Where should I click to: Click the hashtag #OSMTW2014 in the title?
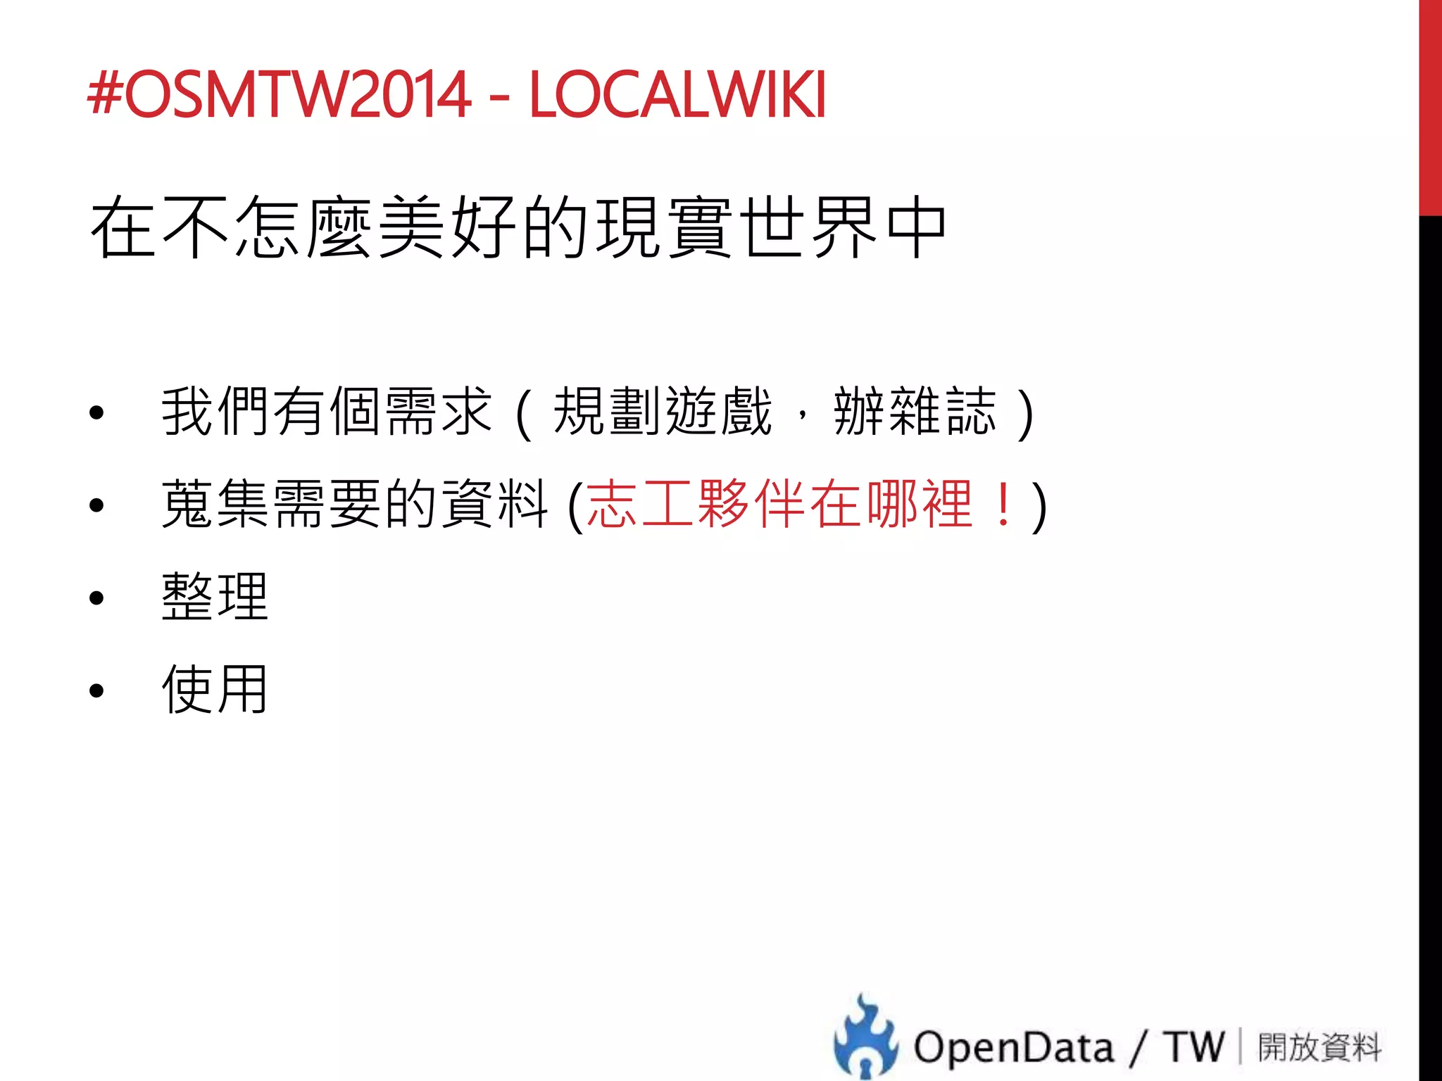pos(279,94)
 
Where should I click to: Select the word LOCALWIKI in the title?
pos(677,94)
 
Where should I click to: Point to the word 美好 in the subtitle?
pos(447,227)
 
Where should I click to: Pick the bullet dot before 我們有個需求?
pos(96,413)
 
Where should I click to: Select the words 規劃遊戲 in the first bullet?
pos(662,412)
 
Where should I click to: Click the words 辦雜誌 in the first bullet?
pos(915,412)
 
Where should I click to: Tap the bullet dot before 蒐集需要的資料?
pos(96,505)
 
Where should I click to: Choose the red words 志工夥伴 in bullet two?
pos(697,504)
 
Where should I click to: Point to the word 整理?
pos(215,597)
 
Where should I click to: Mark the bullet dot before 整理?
pos(96,598)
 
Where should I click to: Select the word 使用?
pos(215,689)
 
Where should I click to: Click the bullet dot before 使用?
pos(96,691)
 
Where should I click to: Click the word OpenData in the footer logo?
pos(1014,1047)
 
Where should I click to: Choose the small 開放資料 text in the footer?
pos(1319,1047)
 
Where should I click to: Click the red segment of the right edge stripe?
pos(1430,106)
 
